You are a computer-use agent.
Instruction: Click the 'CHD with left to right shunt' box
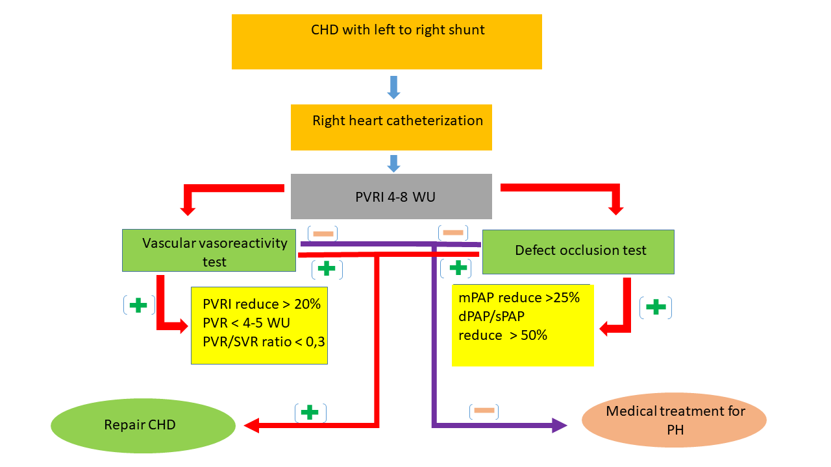tap(386, 42)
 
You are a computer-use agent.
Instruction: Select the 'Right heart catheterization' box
tap(391, 128)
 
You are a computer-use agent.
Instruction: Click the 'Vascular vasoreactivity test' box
tap(209, 250)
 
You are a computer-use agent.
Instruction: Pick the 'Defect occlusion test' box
tap(578, 251)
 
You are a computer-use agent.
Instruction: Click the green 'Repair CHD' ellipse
tap(143, 425)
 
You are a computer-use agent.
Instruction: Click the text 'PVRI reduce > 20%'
tap(261, 304)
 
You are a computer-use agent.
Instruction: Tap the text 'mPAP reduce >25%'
tap(519, 298)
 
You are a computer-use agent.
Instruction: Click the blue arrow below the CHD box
tap(393, 88)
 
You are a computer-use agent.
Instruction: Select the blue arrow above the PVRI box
tap(393, 164)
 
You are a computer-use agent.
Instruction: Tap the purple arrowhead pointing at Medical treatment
tap(560, 425)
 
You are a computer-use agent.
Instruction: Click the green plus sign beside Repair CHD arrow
tap(310, 413)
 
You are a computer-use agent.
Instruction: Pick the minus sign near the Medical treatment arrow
tap(484, 410)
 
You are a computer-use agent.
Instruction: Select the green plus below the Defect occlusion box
tap(656, 307)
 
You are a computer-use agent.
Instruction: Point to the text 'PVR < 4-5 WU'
tap(246, 323)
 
